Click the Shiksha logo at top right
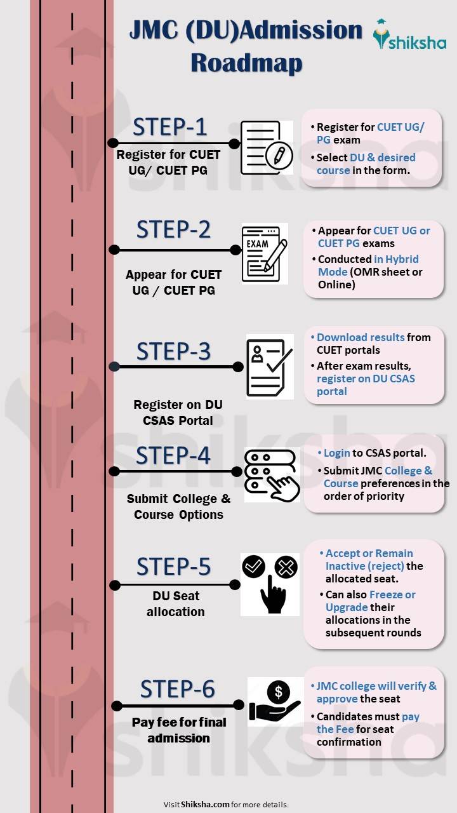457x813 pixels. (409, 35)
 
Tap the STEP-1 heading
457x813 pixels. (169, 127)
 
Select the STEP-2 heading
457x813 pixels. (173, 229)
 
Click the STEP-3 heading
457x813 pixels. (173, 351)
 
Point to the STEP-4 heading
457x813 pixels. (173, 455)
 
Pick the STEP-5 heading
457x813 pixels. (173, 566)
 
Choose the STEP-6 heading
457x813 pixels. (177, 689)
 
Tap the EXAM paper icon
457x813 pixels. (264, 253)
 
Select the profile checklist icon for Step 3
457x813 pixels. (270, 366)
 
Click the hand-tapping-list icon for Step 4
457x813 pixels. (272, 474)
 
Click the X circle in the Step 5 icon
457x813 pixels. (286, 567)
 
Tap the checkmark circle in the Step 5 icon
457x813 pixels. (254, 565)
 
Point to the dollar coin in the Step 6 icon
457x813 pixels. (279, 691)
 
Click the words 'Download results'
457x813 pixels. (361, 337)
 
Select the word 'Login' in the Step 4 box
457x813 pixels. (337, 453)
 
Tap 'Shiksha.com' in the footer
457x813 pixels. (205, 804)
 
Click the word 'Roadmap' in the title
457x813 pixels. (246, 63)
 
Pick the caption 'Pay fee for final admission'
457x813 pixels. (179, 730)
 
